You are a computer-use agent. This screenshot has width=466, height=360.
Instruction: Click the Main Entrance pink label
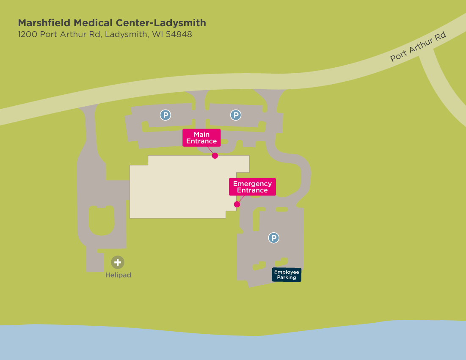coord(201,138)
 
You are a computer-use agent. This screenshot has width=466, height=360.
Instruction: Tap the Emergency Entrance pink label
coord(252,187)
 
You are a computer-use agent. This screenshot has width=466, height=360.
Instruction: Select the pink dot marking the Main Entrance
coord(215,156)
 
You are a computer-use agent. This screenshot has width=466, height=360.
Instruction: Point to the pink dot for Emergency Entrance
coord(237,204)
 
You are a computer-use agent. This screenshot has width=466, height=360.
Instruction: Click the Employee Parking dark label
coord(287,275)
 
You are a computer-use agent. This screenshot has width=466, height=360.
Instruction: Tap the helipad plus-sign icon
coord(118,262)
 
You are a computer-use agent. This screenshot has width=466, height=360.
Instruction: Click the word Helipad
coord(118,275)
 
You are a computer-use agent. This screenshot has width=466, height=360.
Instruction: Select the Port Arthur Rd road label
coord(418,47)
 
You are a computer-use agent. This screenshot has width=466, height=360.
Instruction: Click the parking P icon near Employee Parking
coord(274,238)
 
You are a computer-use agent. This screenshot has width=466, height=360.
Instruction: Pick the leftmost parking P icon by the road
coord(165,115)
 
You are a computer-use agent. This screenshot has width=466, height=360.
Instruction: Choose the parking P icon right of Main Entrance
coord(236,115)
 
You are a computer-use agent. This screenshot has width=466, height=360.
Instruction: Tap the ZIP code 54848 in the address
coord(179,35)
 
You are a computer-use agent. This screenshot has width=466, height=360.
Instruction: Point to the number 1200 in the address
coord(28,35)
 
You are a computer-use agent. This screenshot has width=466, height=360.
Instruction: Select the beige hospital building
coord(182,188)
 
